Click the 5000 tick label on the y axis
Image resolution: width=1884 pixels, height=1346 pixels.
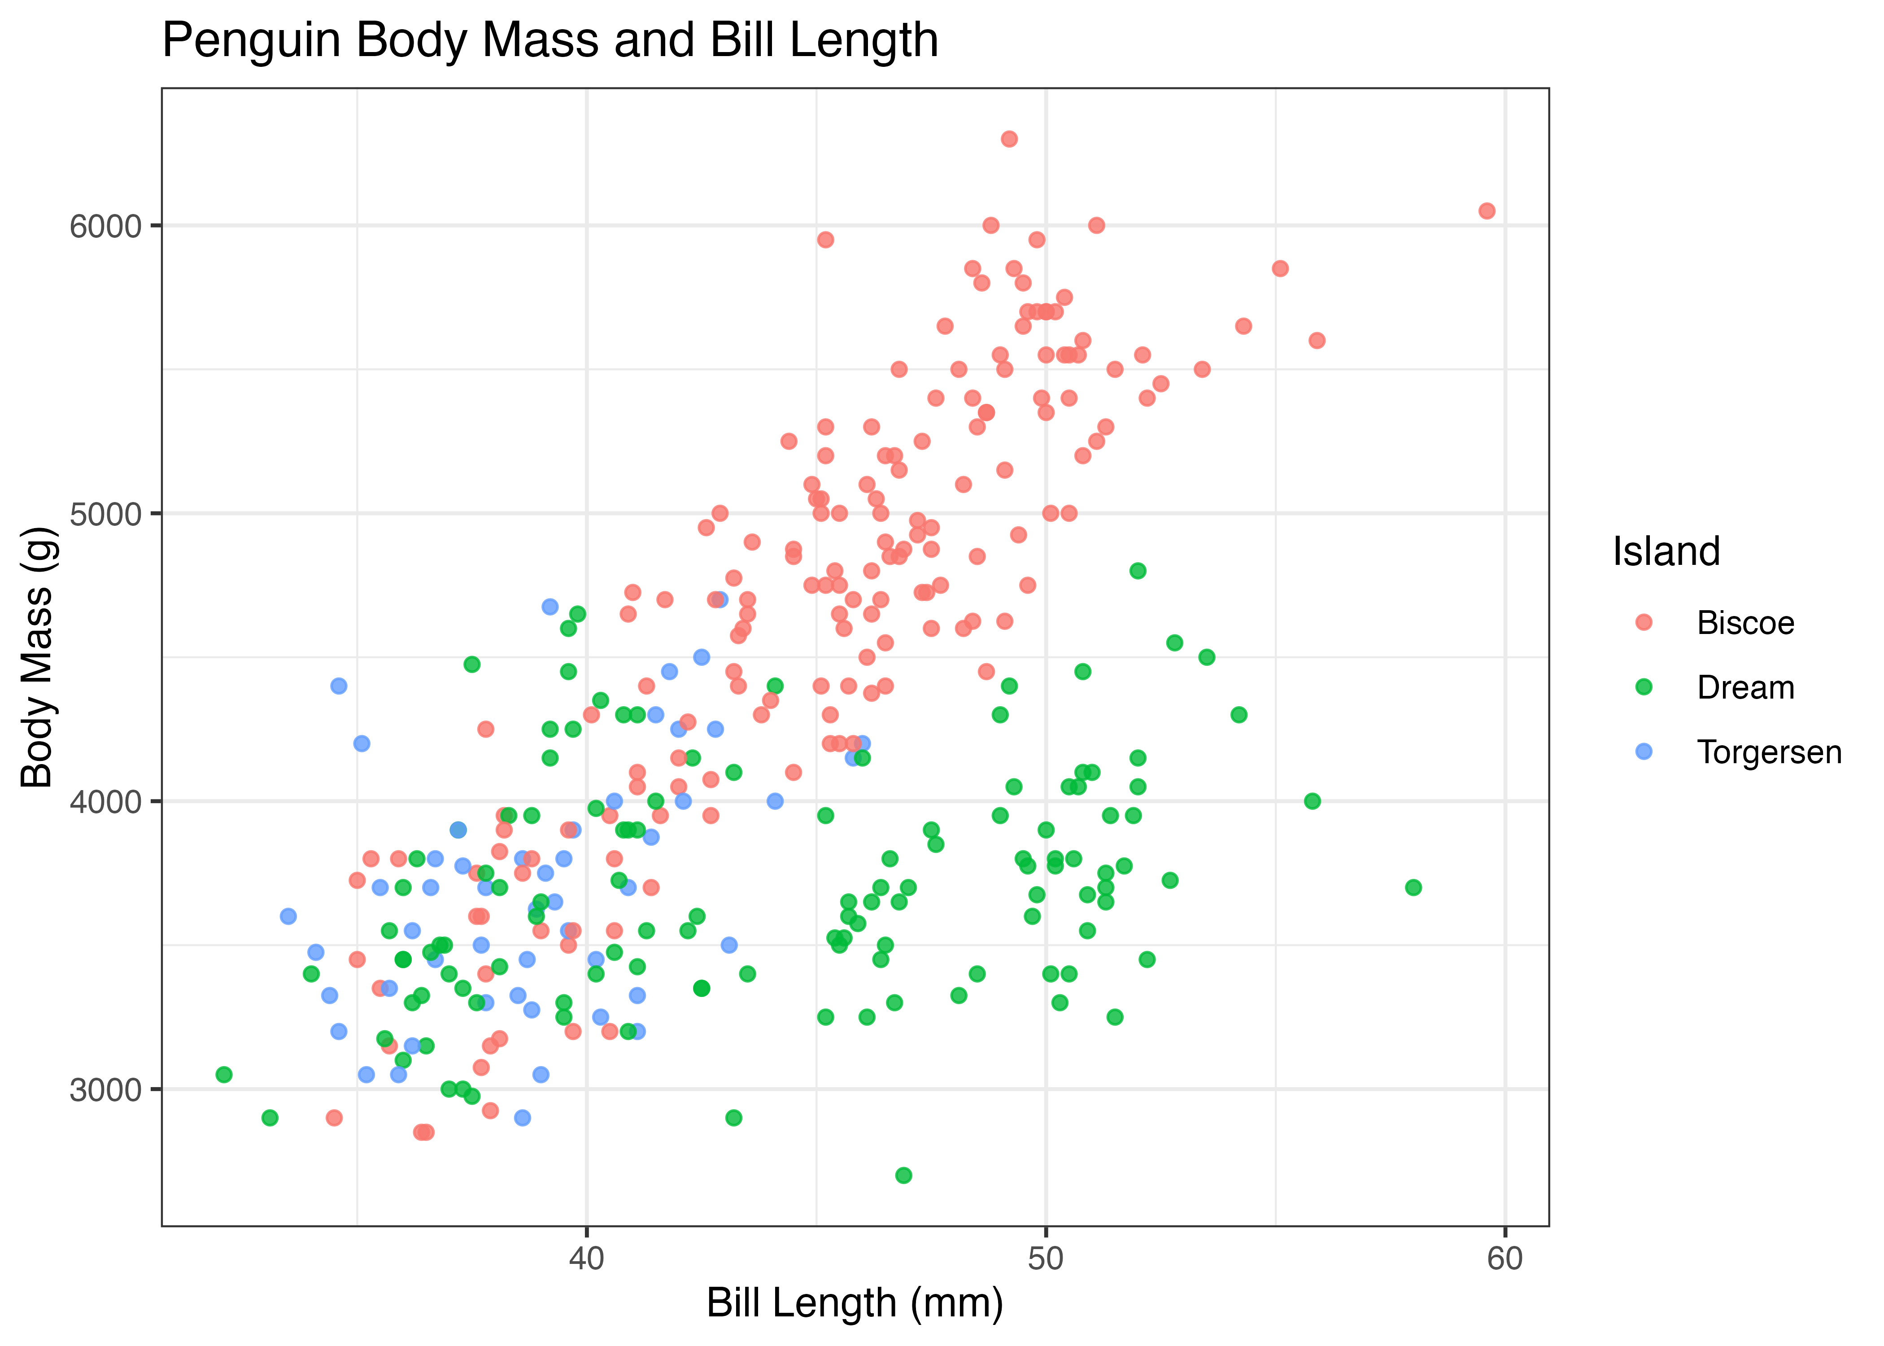[x=106, y=514]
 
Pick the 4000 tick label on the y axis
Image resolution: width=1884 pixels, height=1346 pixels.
[x=106, y=801]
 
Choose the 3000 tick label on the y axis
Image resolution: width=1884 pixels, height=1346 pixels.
[x=106, y=1090]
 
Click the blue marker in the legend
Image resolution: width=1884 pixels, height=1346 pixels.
[x=1644, y=751]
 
